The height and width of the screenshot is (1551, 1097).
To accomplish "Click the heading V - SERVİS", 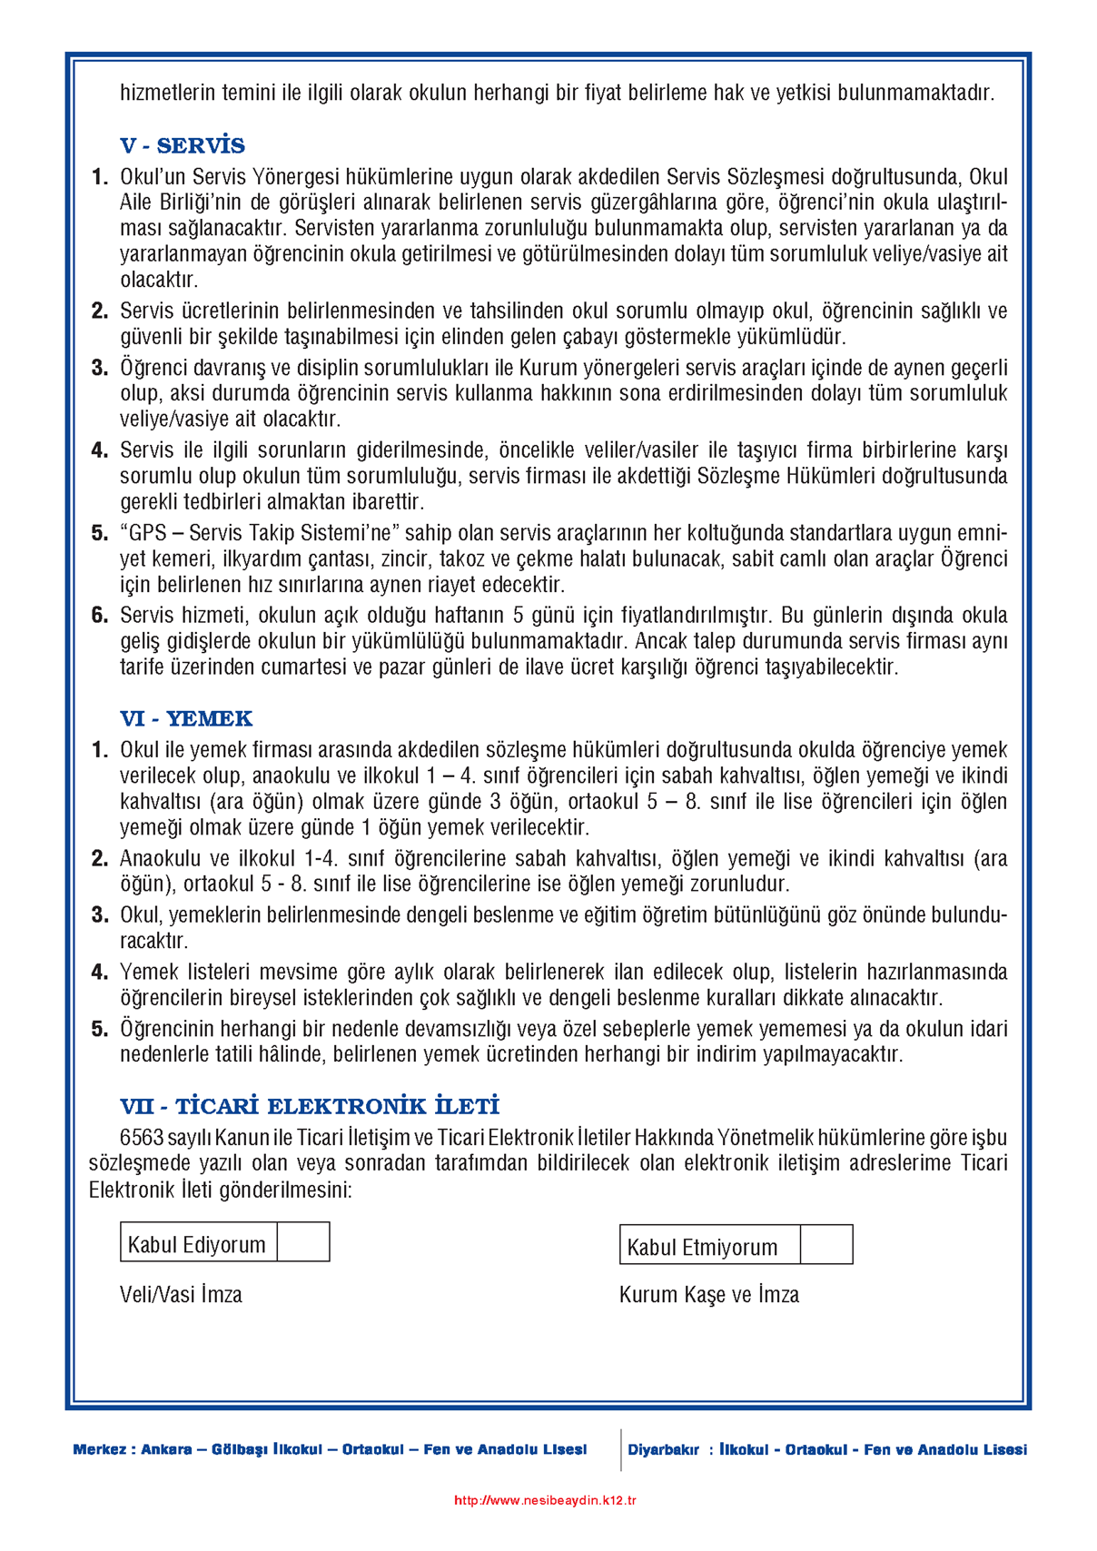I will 183,146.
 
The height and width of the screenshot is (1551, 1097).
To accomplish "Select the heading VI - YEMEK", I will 186,719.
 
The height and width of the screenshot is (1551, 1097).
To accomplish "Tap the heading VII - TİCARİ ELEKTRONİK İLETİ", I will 310,1107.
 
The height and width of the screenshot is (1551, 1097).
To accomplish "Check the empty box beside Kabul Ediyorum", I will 303,1242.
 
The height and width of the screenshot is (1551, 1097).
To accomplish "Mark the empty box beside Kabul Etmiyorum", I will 826,1245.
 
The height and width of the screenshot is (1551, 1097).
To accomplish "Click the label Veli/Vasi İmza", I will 181,1295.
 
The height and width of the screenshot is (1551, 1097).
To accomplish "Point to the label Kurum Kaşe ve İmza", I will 709,1295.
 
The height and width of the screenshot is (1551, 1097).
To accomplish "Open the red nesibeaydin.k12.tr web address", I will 545,1500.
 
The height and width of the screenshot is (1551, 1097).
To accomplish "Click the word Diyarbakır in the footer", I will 663,1450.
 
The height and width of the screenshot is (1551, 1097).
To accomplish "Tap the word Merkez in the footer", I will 99,1450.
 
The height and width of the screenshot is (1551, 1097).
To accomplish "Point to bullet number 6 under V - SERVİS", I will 100,616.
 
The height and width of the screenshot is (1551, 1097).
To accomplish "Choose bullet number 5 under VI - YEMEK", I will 100,1030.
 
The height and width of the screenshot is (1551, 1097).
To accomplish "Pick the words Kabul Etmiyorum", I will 702,1248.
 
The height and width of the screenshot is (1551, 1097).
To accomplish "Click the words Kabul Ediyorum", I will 197,1245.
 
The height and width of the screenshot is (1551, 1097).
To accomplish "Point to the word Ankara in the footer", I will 166,1450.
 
